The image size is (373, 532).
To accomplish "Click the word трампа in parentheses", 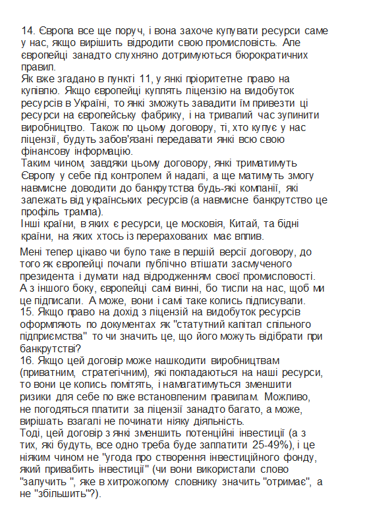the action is [80, 212].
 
